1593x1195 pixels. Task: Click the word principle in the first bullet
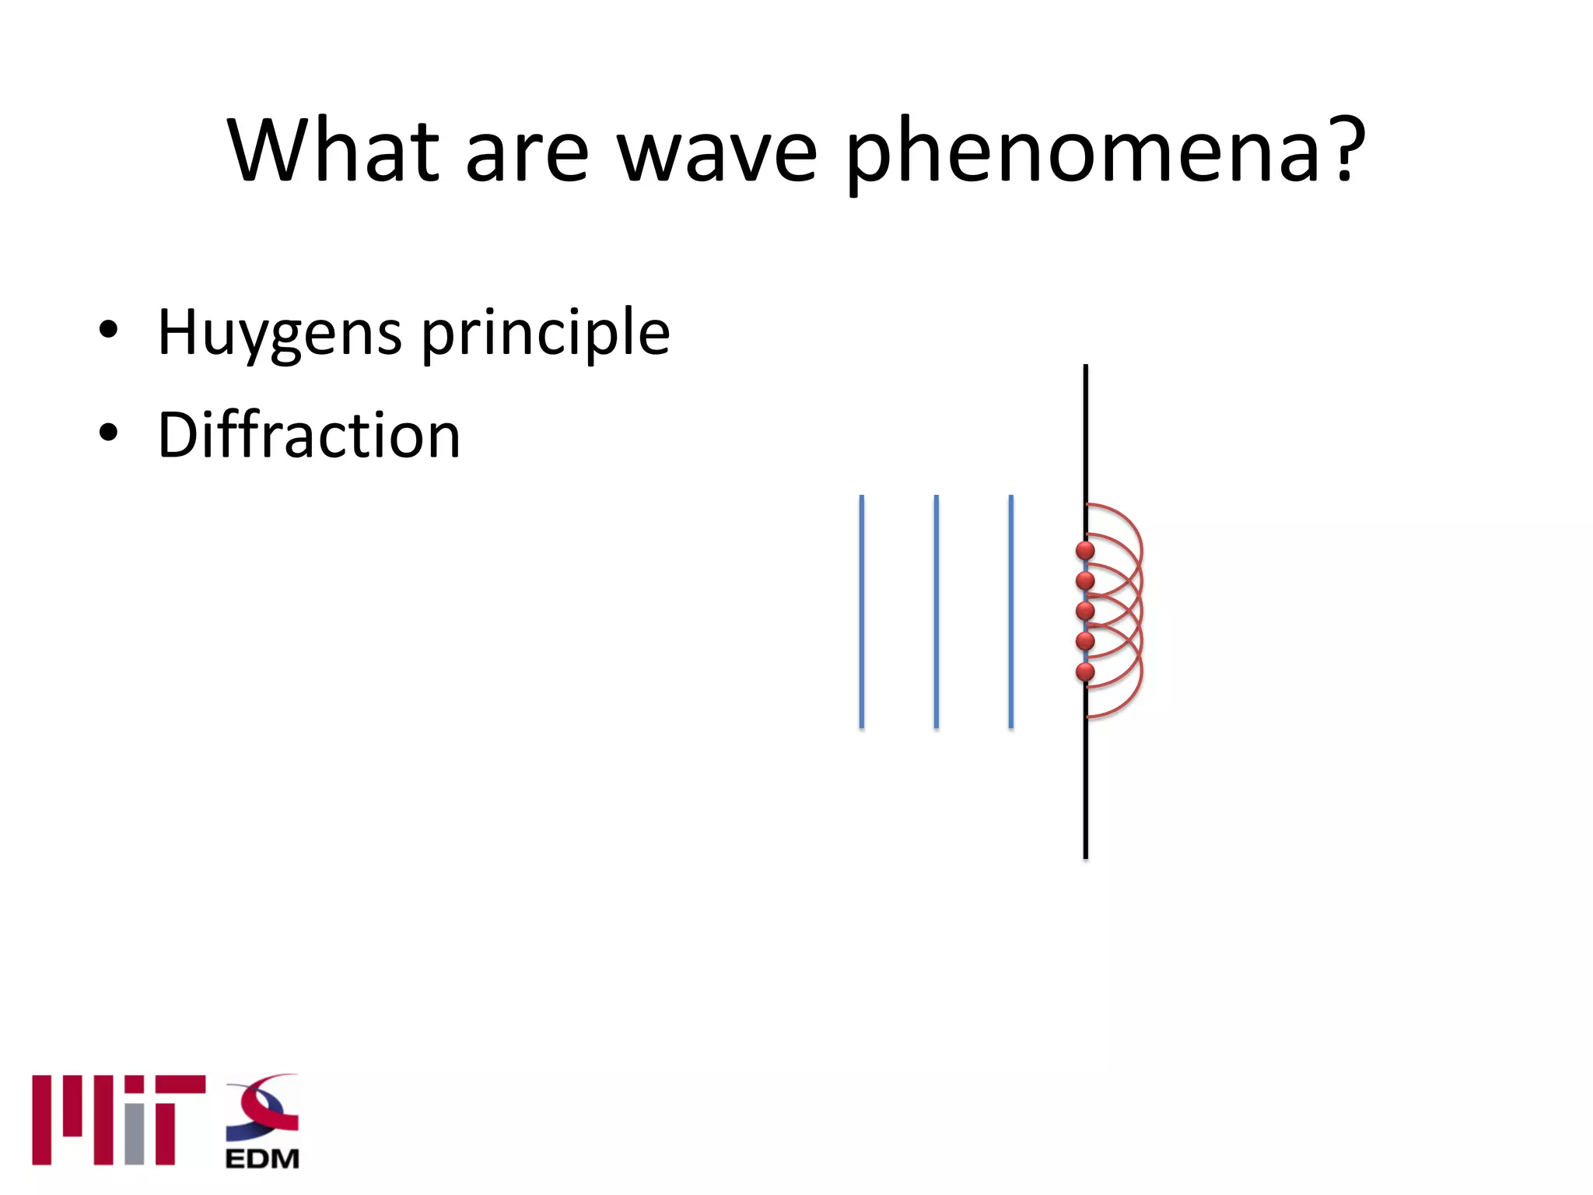(545, 333)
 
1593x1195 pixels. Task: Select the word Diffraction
(309, 435)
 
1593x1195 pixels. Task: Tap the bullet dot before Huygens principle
(108, 330)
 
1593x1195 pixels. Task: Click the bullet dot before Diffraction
(108, 433)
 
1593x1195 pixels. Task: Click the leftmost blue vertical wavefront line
(861, 612)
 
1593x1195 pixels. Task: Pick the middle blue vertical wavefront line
(936, 612)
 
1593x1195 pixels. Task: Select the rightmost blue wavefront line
(1010, 612)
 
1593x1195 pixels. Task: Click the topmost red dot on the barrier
(1085, 551)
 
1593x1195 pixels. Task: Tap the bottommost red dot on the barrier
(1085, 671)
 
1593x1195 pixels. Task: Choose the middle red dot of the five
(1085, 611)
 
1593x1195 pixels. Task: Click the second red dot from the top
(1085, 580)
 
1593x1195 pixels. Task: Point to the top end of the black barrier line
(1086, 367)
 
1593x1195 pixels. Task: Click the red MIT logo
(117, 1120)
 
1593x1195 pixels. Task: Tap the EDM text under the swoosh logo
(262, 1158)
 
